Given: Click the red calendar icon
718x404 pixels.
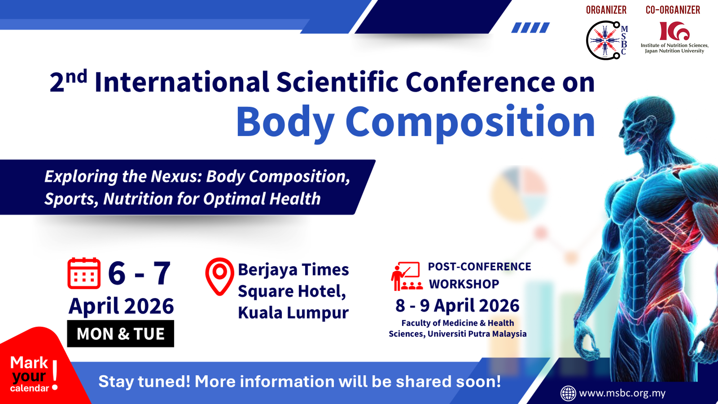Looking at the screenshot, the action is (x=84, y=273).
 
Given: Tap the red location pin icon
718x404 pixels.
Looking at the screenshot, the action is (x=220, y=276).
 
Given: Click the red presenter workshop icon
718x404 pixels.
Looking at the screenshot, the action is (x=406, y=276).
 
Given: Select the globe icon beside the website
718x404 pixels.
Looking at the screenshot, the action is (x=568, y=393).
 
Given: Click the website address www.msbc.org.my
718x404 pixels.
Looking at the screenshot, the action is (x=622, y=393).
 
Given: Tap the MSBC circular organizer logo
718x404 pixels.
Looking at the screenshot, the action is (x=606, y=40).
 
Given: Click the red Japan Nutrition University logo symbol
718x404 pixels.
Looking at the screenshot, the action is (x=674, y=31).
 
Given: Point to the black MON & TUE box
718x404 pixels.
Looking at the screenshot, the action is (x=120, y=334).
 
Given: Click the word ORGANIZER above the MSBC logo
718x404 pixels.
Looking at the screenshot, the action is (x=606, y=10).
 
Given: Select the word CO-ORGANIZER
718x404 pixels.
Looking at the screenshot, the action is (x=673, y=10).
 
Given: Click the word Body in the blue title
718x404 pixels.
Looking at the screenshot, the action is (x=286, y=123).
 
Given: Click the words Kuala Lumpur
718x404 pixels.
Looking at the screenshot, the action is (x=293, y=313).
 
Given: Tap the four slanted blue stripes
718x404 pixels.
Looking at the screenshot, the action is (x=530, y=28).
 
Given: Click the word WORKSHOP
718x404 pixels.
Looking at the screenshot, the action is (x=464, y=284).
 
